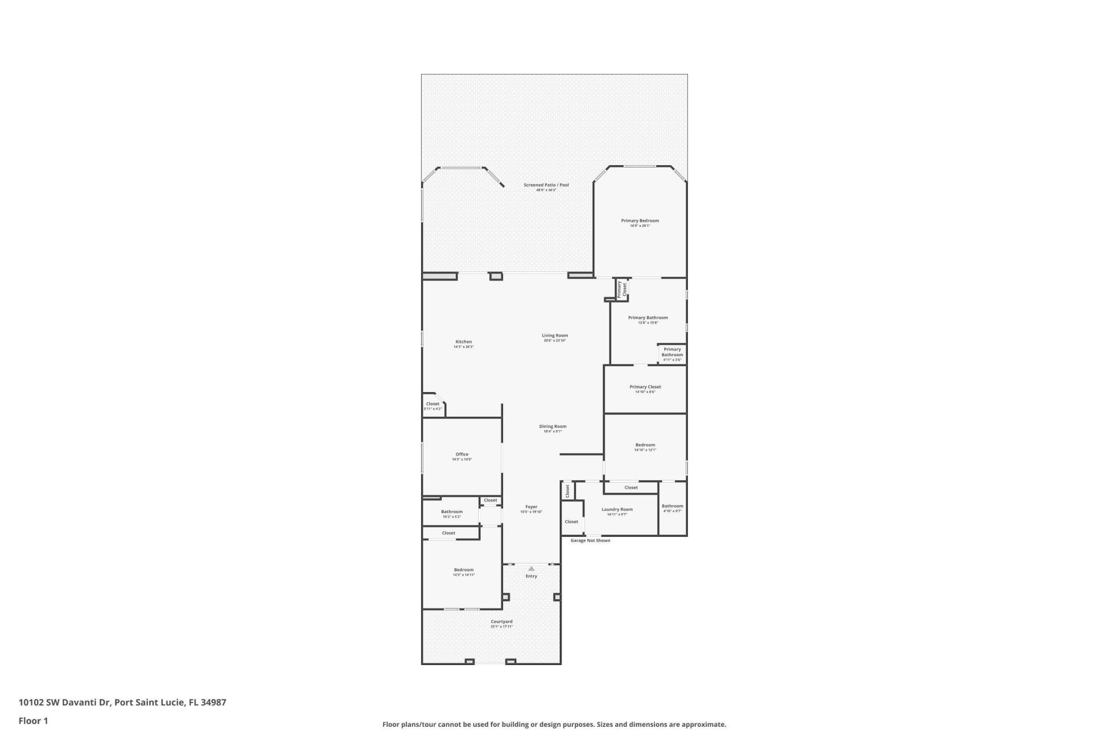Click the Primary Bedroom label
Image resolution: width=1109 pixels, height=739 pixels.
coord(639,221)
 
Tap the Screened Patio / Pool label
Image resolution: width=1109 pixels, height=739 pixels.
coord(546,185)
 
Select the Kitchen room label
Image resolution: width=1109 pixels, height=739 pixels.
coord(463,342)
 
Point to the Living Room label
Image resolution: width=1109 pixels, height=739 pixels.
coord(554,336)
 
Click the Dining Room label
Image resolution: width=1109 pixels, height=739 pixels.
coord(553,427)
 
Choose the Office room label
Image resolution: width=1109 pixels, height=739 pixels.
coord(462,455)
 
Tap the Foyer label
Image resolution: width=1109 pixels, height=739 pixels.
coord(531,507)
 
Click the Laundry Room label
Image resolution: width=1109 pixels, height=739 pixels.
coord(617,510)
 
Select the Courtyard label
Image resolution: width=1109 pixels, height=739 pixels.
coord(501,622)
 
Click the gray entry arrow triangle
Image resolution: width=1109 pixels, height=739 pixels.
coord(531,569)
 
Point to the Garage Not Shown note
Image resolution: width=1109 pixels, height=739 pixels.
coord(590,541)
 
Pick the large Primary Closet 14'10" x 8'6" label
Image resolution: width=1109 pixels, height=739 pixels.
coord(645,387)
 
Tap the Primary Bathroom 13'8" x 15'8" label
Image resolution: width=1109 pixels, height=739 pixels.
coord(647,318)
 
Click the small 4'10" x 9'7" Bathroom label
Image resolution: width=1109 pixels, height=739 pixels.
coord(672,507)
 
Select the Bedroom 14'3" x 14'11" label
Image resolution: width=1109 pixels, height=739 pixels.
coord(463,570)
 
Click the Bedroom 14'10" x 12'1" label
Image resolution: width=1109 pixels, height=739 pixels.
coord(645,445)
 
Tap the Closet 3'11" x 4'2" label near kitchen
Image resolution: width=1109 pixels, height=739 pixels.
coord(433,405)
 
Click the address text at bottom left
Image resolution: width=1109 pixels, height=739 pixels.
coord(122,703)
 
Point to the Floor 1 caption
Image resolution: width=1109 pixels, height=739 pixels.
coord(33,721)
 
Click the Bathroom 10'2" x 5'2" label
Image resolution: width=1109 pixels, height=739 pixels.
coord(452,512)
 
